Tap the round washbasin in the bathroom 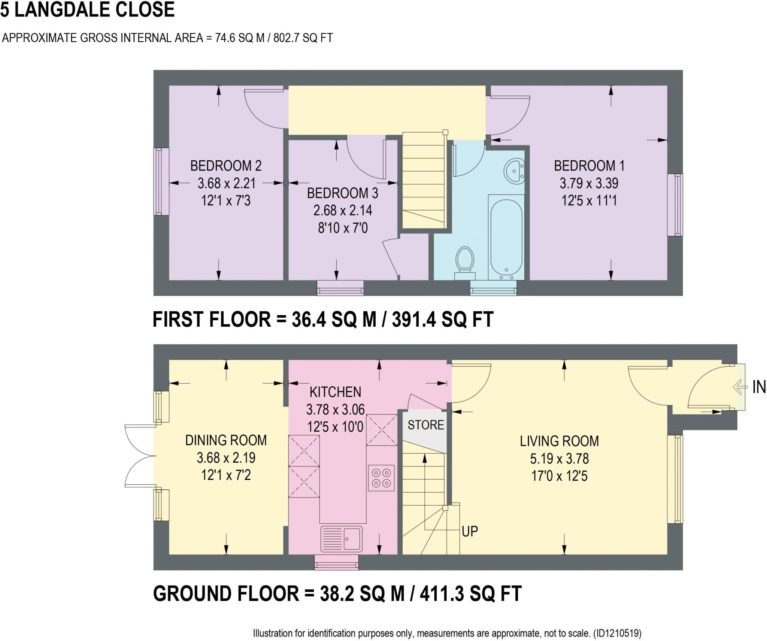(515, 171)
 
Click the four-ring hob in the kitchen (381, 478)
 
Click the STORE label (426, 425)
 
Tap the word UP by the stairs (470, 531)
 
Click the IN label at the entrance (759, 387)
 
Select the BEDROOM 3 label (342, 193)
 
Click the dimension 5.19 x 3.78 (559, 459)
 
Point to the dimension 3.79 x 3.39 (589, 183)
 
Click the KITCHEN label (335, 392)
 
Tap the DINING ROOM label (226, 440)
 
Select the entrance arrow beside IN (738, 387)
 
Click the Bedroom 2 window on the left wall (161, 181)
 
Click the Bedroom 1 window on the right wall (675, 205)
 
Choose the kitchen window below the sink (336, 562)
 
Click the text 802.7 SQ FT (303, 38)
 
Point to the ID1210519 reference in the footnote (617, 633)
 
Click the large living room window (675, 479)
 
